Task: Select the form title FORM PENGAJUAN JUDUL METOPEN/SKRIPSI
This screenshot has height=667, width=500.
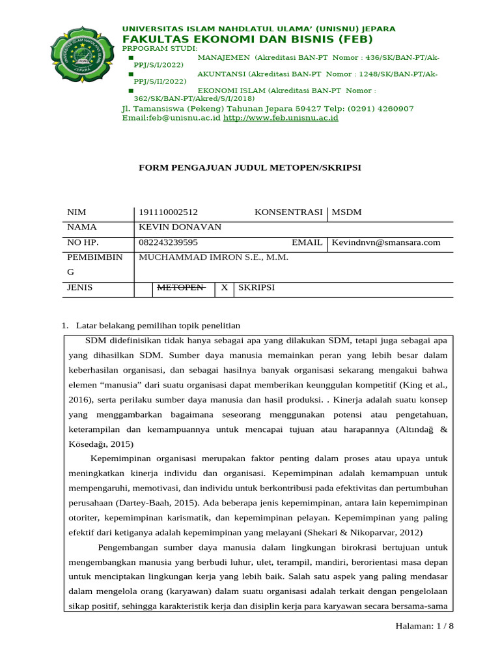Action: coord(249,167)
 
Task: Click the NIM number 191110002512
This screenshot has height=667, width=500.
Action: coord(168,212)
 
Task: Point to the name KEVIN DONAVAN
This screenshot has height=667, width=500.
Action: coord(180,227)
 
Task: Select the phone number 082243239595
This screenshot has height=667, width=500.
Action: coord(168,242)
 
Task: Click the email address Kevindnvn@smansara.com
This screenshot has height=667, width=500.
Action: coord(386,242)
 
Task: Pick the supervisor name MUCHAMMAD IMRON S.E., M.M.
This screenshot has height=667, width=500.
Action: coord(214,257)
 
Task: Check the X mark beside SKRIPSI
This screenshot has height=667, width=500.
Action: coord(225,287)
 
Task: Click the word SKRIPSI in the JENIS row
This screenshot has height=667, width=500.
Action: coord(256,287)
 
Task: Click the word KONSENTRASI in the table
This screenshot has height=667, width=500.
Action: coord(288,212)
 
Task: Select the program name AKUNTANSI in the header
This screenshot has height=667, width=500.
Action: coord(221,74)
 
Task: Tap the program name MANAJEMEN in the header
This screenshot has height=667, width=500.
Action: coord(223,58)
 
